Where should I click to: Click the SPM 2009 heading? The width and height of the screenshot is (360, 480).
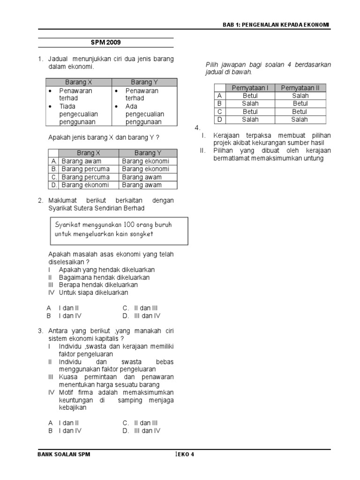[x=105, y=43]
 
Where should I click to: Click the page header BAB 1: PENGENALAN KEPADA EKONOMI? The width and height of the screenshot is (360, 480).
[x=276, y=24]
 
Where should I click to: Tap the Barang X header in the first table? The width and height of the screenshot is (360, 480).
[x=79, y=82]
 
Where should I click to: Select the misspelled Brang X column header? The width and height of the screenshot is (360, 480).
[x=89, y=153]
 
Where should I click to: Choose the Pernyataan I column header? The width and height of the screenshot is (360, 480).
[x=250, y=88]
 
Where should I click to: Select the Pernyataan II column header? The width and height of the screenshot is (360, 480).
[x=300, y=88]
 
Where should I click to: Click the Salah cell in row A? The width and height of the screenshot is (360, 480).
[x=300, y=96]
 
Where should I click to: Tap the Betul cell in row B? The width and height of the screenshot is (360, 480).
[x=300, y=104]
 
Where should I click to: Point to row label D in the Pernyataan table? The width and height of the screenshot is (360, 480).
[x=219, y=120]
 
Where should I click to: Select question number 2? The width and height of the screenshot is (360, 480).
[x=40, y=201]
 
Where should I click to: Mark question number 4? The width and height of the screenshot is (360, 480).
[x=197, y=128]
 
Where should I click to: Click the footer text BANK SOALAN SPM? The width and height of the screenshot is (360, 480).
[x=64, y=454]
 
